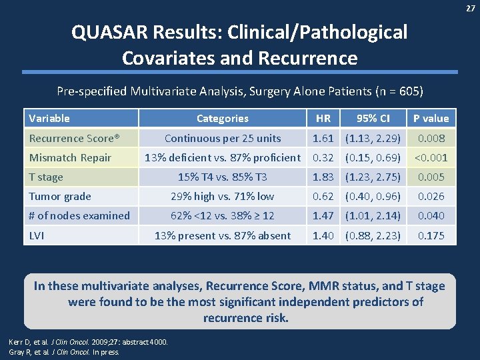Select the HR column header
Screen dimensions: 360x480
pos(323,119)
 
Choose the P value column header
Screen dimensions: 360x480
pos(431,119)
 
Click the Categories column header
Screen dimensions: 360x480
pos(222,119)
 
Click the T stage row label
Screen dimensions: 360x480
pos(46,177)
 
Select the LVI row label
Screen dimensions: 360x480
pos(37,235)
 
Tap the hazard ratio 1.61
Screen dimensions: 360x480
pos(323,139)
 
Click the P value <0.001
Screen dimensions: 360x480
pos(431,158)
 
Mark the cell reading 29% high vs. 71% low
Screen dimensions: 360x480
pos(222,197)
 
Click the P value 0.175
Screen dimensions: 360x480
pos(431,235)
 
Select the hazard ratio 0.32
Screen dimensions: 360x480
pos(323,158)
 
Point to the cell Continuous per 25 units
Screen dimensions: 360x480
pos(222,139)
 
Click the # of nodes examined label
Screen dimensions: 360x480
pos(79,216)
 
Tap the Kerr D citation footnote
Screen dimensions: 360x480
pos(88,342)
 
